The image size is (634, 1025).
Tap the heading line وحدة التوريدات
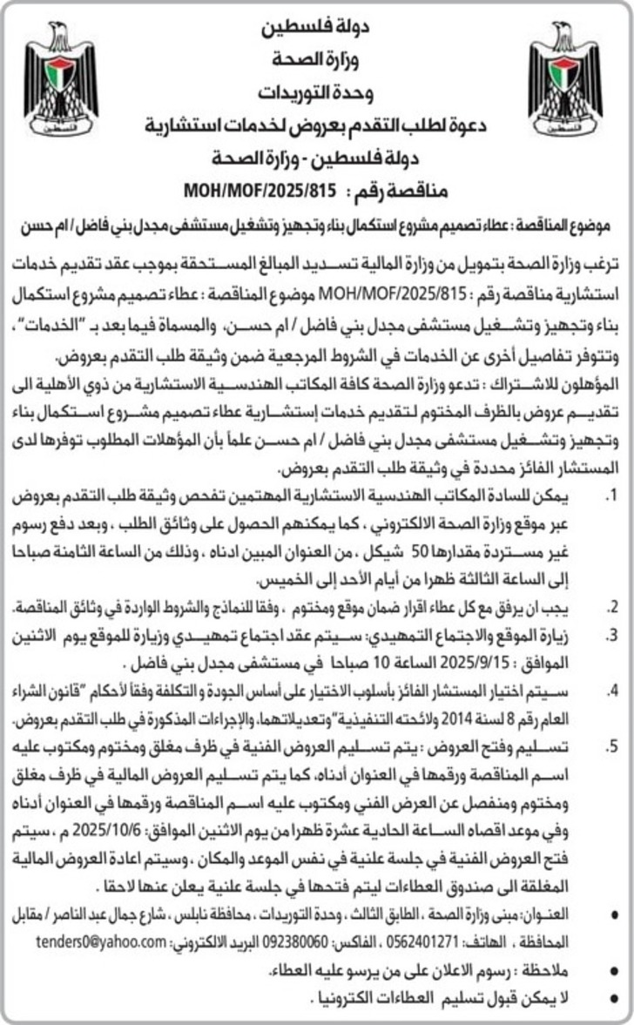pos(317,91)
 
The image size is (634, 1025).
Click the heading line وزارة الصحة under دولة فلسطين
pos(317,60)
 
